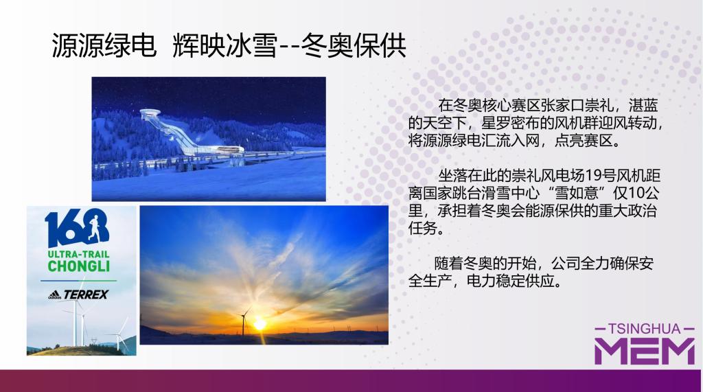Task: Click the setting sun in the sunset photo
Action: click(260, 324)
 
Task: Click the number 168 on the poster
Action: click(77, 228)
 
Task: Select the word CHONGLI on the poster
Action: click(79, 266)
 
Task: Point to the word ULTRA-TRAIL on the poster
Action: click(79, 254)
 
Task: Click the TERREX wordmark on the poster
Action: click(86, 295)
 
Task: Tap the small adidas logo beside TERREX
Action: click(54, 295)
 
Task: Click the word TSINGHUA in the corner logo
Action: click(644, 329)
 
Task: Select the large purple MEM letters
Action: click(644, 351)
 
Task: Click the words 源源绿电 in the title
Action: click(104, 46)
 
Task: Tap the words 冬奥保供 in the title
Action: click(354, 46)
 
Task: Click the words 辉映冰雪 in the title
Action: click(225, 46)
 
